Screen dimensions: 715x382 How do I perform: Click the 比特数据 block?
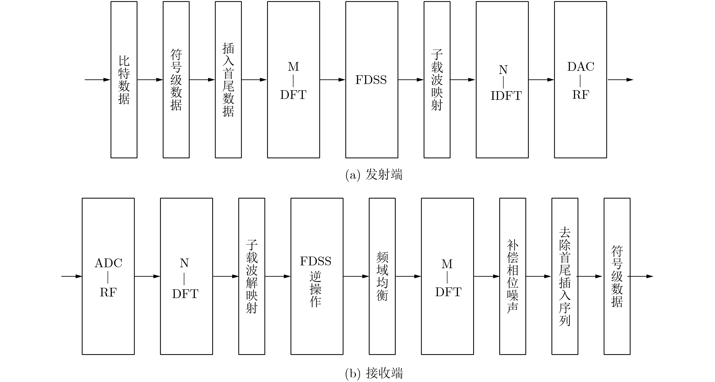point(124,80)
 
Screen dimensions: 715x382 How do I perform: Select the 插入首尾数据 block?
point(228,80)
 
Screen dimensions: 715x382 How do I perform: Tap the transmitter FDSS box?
point(372,80)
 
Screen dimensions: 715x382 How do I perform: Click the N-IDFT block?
point(502,80)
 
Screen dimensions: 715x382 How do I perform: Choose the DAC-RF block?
point(580,80)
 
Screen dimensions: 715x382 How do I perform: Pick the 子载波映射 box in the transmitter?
point(437,80)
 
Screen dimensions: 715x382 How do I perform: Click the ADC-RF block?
point(108,276)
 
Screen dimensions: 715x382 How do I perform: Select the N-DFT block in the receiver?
point(187,276)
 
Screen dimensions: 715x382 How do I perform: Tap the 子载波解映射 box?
point(252,276)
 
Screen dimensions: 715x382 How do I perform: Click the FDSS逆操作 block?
point(317,276)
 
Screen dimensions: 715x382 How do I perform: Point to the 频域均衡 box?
point(382,276)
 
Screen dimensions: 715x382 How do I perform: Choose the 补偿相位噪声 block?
point(513,276)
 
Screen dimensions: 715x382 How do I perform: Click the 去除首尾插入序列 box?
point(565,276)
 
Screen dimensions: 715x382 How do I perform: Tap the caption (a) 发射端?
point(374,175)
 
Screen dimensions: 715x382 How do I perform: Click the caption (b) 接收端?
point(374,373)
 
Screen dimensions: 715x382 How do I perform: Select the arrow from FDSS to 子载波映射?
point(411,80)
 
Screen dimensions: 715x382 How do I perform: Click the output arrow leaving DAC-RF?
point(620,80)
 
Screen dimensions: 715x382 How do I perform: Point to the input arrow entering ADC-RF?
point(72,276)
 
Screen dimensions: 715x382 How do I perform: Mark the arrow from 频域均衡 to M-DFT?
point(409,276)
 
